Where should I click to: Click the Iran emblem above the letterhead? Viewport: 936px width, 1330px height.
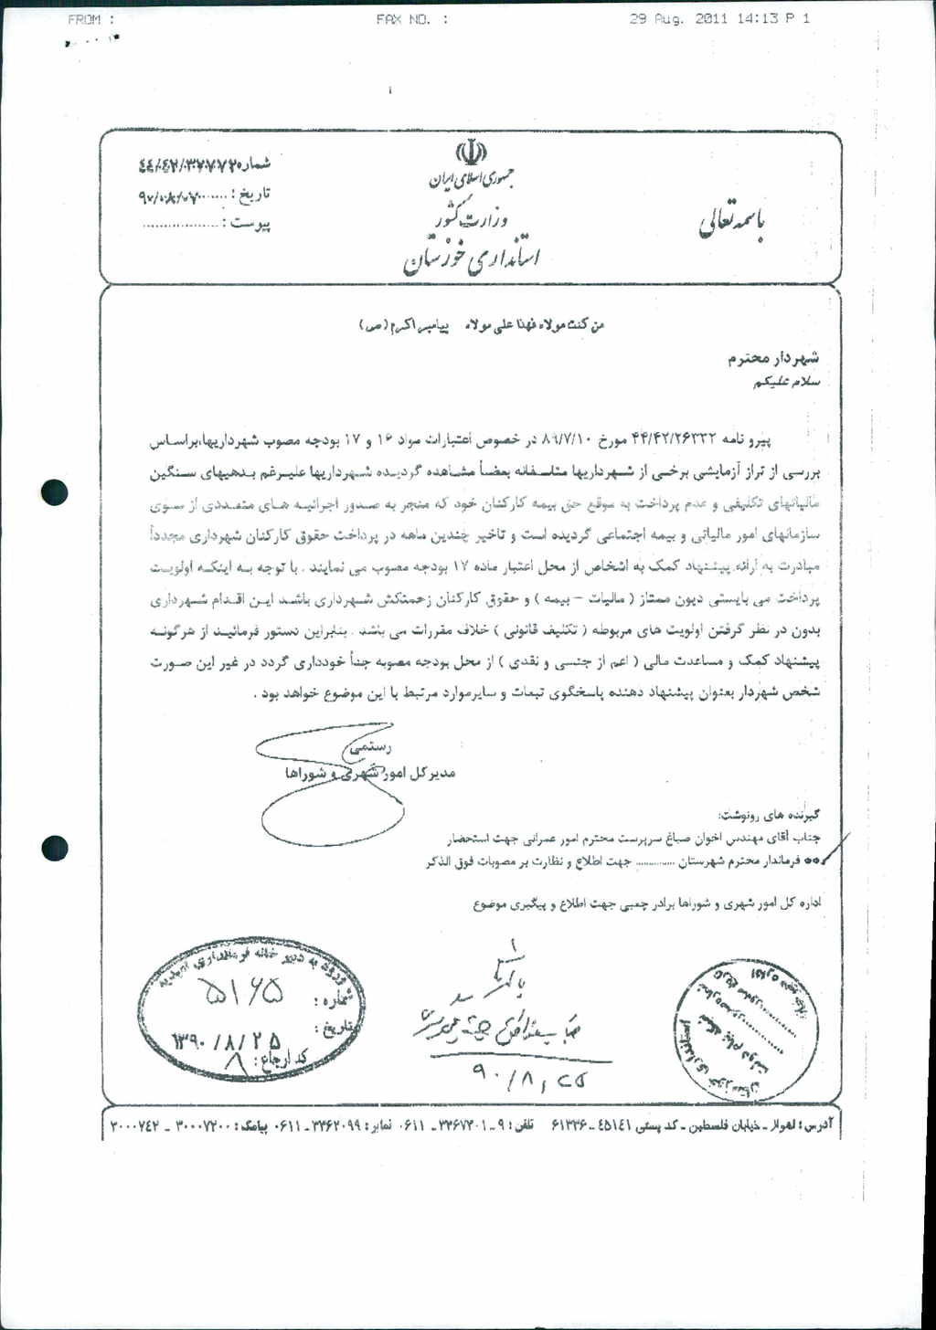coord(471,152)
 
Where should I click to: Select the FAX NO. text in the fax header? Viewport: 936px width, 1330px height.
coord(411,19)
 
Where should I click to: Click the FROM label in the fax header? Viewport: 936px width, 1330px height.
coord(90,19)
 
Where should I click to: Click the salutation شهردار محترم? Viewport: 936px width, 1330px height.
coord(773,359)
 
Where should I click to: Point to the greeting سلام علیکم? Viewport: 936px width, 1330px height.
coord(785,381)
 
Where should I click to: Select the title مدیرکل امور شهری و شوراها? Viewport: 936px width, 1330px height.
coord(370,774)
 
